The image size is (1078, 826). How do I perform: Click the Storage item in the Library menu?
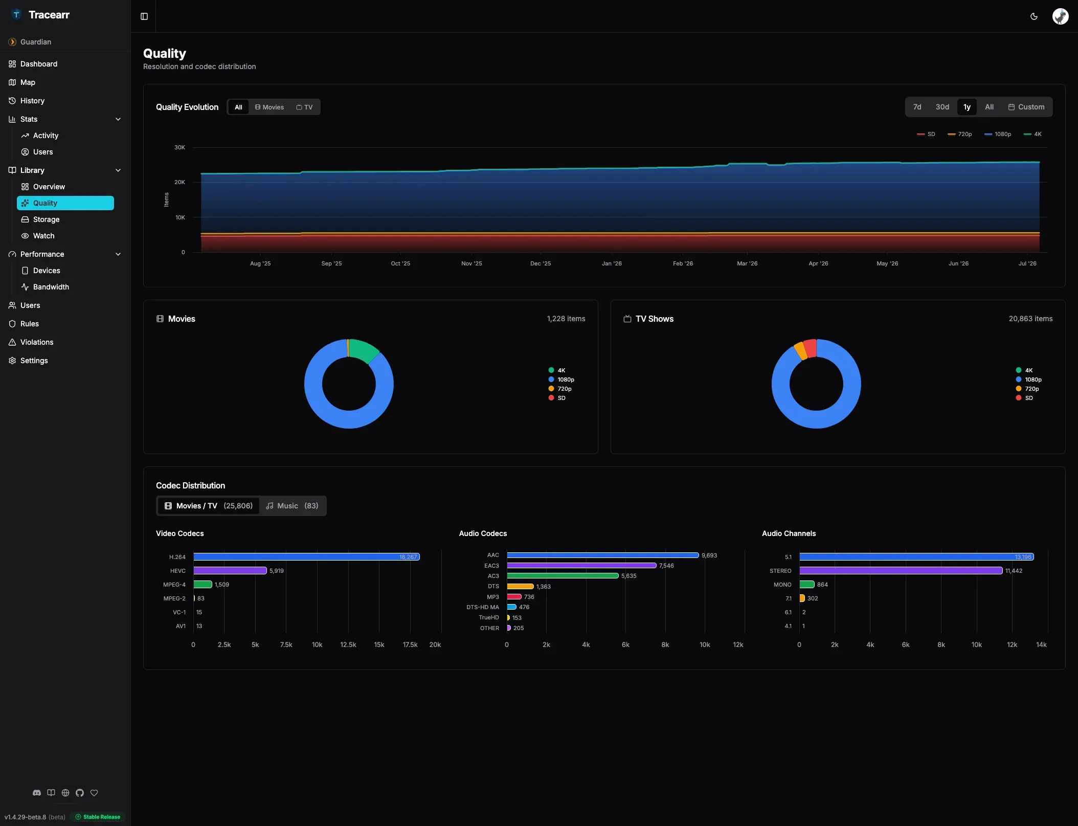tap(46, 219)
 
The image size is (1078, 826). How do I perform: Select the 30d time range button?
tap(942, 107)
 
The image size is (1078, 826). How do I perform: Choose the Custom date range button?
tap(1026, 107)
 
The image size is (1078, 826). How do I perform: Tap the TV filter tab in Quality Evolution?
tap(304, 107)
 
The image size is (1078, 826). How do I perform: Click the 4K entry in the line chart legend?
tap(1032, 135)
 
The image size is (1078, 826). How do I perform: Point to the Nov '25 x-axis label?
tap(471, 263)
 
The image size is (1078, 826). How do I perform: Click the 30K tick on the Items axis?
tap(179, 147)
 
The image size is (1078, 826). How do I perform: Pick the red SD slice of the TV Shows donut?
tap(810, 348)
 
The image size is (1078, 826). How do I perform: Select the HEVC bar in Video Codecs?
tap(230, 570)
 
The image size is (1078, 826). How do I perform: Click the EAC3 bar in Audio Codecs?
tap(581, 566)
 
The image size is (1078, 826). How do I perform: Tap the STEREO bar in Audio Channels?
tap(901, 570)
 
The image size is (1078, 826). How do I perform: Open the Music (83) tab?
tap(293, 506)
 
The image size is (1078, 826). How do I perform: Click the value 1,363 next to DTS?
tap(544, 587)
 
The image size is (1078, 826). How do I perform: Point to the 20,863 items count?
tap(1030, 319)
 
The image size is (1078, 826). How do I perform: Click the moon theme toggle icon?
tap(1034, 16)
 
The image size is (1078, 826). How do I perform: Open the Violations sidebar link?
tap(37, 342)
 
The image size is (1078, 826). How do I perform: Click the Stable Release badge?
tap(98, 817)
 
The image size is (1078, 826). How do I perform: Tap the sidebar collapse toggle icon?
tap(144, 16)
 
